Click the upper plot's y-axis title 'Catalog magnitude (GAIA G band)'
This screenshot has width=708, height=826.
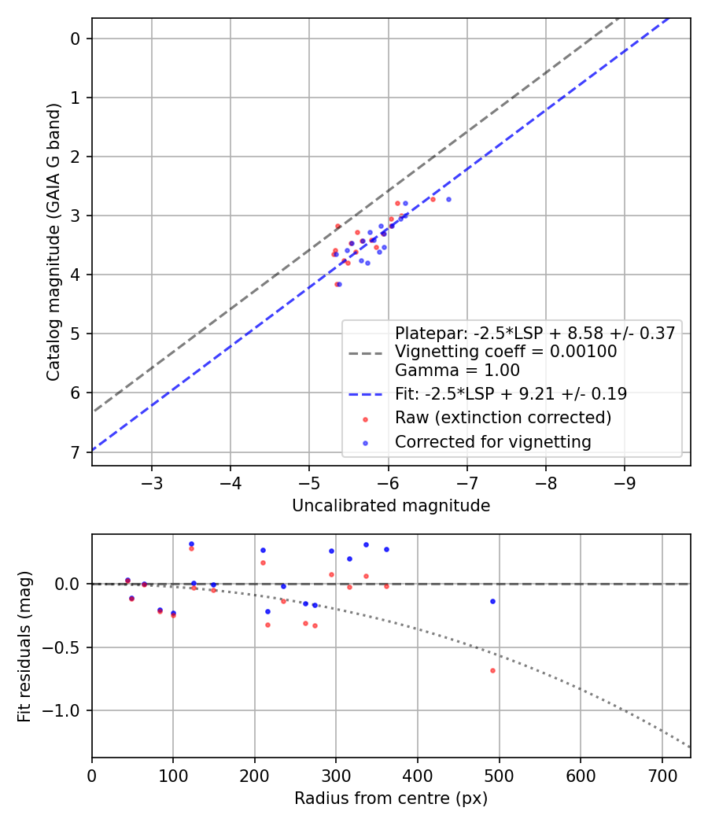(x=53, y=242)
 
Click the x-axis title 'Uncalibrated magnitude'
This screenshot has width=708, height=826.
(x=391, y=506)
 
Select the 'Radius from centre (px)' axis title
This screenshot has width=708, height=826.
(x=391, y=798)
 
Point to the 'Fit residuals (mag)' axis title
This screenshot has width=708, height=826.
(x=25, y=646)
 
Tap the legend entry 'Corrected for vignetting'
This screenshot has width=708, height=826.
(x=492, y=442)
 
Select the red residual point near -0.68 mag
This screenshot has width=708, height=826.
(x=493, y=670)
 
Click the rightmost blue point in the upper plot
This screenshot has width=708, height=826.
(x=448, y=199)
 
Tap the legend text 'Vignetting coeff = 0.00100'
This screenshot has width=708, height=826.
(x=506, y=352)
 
